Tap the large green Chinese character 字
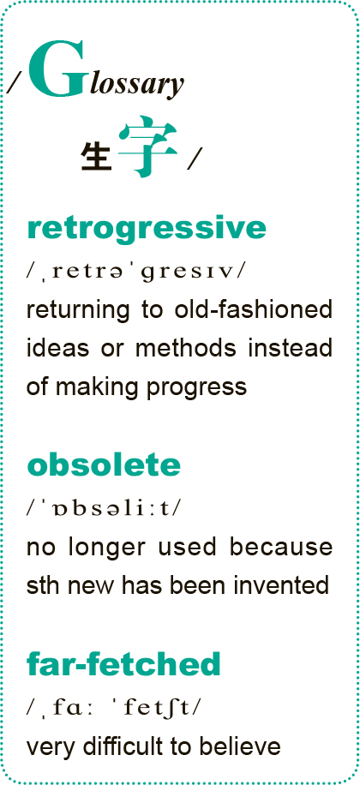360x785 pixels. (148, 147)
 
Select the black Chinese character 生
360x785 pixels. (96, 156)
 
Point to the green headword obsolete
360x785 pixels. (104, 465)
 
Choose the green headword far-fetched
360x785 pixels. (123, 664)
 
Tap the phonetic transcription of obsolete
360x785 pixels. (105, 508)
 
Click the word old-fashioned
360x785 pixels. (254, 309)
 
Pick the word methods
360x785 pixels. (186, 348)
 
